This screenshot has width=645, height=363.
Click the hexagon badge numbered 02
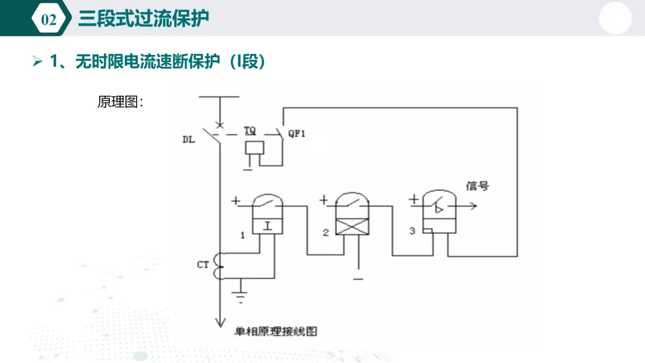(x=49, y=19)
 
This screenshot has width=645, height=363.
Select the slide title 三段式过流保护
(x=143, y=19)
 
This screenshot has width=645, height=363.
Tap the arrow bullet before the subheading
(x=38, y=61)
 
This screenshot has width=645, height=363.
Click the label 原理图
(x=118, y=102)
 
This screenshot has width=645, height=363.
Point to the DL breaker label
(x=188, y=140)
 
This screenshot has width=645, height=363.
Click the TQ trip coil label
(x=250, y=131)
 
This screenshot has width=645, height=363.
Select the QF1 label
(x=297, y=134)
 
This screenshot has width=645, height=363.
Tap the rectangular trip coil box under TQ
(x=254, y=148)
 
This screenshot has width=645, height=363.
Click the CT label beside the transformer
(x=203, y=264)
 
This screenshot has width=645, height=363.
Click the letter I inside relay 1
(x=268, y=226)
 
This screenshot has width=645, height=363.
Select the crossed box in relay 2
(x=352, y=227)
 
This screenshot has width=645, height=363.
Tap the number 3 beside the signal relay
(x=412, y=231)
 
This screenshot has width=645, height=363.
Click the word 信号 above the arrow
(x=478, y=186)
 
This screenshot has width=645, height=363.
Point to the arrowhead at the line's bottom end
(x=220, y=322)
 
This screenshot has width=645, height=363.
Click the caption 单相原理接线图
(x=276, y=332)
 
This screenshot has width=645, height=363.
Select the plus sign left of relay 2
(x=324, y=200)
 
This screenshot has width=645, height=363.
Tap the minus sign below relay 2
(x=358, y=279)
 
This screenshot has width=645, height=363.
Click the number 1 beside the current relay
(x=242, y=236)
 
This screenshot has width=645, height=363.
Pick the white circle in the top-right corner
(x=615, y=18)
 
